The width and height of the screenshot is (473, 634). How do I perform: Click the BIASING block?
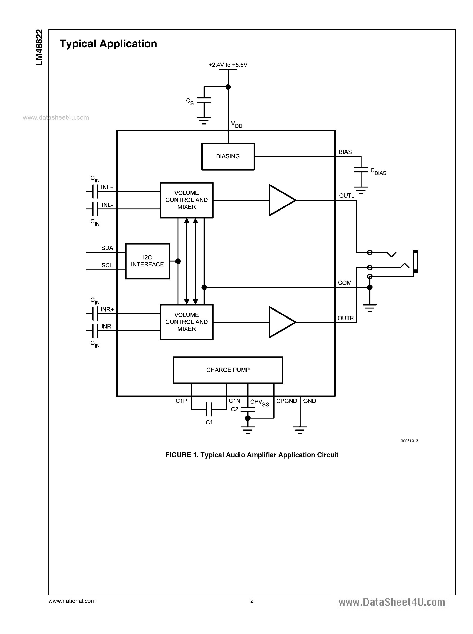(228, 157)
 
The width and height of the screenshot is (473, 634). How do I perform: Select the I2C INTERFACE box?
(148, 261)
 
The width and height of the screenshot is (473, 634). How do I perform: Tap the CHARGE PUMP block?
(228, 370)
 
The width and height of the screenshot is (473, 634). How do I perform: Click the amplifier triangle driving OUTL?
(281, 200)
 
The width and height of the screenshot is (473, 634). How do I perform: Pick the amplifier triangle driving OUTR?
(281, 322)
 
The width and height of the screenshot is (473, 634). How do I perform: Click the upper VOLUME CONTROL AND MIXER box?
(186, 200)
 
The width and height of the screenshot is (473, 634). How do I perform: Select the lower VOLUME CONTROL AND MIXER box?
(186, 322)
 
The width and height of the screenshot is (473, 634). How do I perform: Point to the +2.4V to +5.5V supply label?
(228, 65)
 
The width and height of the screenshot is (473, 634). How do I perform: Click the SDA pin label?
(107, 248)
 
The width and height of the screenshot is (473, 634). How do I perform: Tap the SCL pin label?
(107, 265)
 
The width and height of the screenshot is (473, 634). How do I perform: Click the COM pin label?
(344, 283)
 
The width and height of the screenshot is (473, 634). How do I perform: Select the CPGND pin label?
(287, 401)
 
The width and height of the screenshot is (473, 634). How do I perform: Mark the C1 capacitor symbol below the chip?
(209, 409)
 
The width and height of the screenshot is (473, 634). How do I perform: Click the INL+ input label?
(107, 188)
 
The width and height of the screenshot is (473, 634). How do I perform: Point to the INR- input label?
(107, 327)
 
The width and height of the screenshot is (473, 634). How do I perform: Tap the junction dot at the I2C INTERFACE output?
(178, 261)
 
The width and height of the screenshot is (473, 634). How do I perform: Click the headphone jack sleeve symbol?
(416, 261)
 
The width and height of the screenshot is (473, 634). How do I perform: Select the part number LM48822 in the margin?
(39, 47)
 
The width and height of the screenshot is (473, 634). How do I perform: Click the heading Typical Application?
(108, 44)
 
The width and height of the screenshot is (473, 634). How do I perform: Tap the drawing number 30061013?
(409, 441)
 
